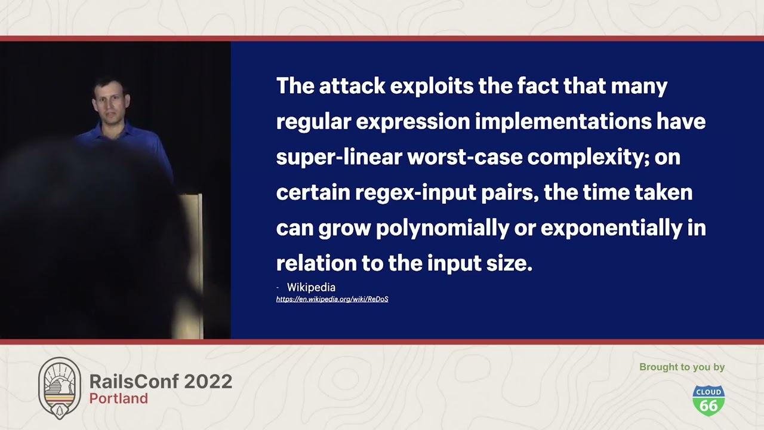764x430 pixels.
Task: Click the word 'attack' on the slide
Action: (x=352, y=85)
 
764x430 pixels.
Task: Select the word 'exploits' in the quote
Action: (x=432, y=87)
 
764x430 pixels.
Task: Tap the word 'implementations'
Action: (x=563, y=122)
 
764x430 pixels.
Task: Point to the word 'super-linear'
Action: (x=339, y=157)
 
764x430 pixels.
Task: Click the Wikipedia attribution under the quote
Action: (x=311, y=287)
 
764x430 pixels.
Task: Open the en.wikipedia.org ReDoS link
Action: (x=332, y=299)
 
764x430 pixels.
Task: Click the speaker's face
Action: (x=110, y=103)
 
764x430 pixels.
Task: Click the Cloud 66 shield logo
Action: (x=708, y=401)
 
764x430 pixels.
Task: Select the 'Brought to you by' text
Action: (x=682, y=367)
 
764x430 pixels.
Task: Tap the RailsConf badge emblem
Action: (x=60, y=388)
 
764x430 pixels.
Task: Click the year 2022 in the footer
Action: (x=208, y=381)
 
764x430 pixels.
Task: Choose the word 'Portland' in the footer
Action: (x=119, y=398)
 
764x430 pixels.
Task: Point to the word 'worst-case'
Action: (x=465, y=157)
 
